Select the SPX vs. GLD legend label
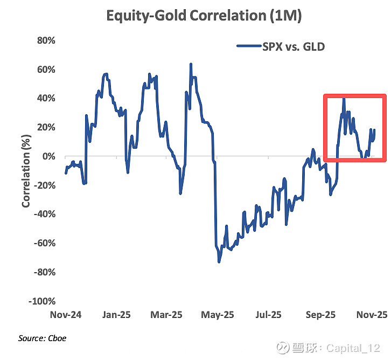click(294, 46)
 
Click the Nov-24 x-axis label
click(65, 315)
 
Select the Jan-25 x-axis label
click(117, 315)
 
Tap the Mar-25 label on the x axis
click(167, 315)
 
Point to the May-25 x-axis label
click(218, 315)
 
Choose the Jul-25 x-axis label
click(268, 315)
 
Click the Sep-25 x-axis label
click(320, 315)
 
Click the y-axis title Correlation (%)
click(26, 171)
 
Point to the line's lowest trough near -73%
click(219, 262)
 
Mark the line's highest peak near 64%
click(191, 64)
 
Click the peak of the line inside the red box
click(344, 98)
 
